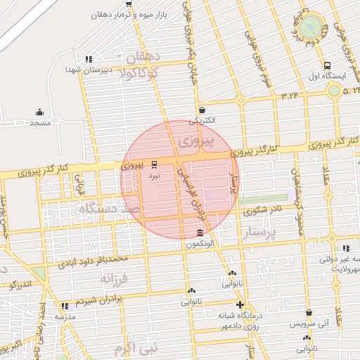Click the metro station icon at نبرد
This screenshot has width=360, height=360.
(155, 165)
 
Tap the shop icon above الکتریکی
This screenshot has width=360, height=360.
(202, 110)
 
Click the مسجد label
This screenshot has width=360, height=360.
(40, 123)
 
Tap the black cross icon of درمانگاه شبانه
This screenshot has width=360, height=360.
(240, 305)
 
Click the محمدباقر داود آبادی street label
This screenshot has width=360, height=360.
(93, 262)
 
